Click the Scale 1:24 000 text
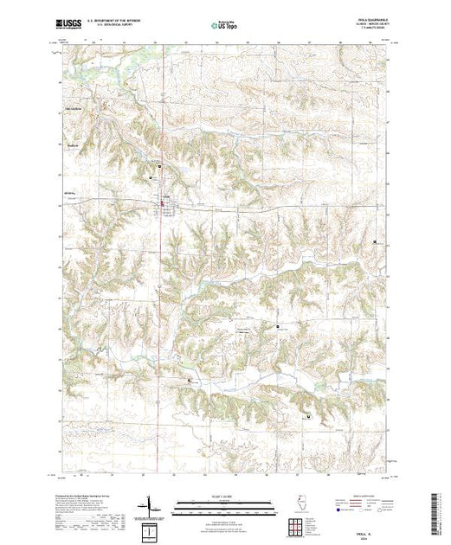(x=224, y=496)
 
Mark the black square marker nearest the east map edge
(x=374, y=241)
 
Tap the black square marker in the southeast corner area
(x=308, y=416)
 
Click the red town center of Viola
(x=163, y=204)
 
